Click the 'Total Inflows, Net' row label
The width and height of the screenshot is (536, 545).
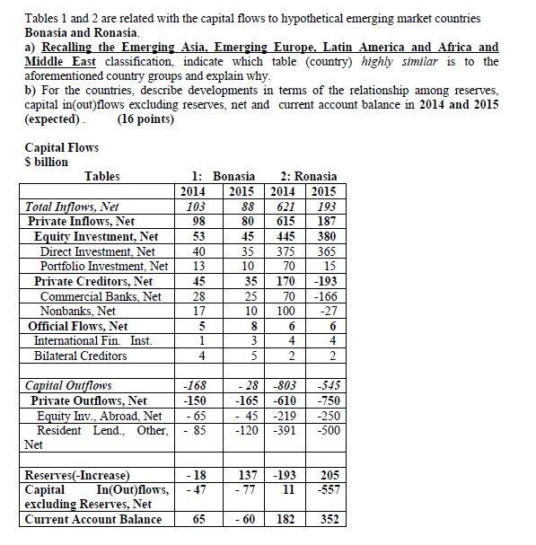pyautogui.click(x=71, y=207)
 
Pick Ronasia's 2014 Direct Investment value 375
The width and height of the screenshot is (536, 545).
pyautogui.click(x=285, y=251)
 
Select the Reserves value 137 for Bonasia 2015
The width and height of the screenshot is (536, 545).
pyautogui.click(x=239, y=474)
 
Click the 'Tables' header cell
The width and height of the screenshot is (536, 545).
pyautogui.click(x=101, y=177)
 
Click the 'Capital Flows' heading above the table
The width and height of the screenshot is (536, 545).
pyautogui.click(x=61, y=147)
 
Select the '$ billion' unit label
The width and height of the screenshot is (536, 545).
pyautogui.click(x=48, y=161)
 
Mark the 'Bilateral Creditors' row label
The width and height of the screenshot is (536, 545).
pyautogui.click(x=80, y=356)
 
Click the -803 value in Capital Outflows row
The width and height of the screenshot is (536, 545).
pyautogui.click(x=284, y=386)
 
